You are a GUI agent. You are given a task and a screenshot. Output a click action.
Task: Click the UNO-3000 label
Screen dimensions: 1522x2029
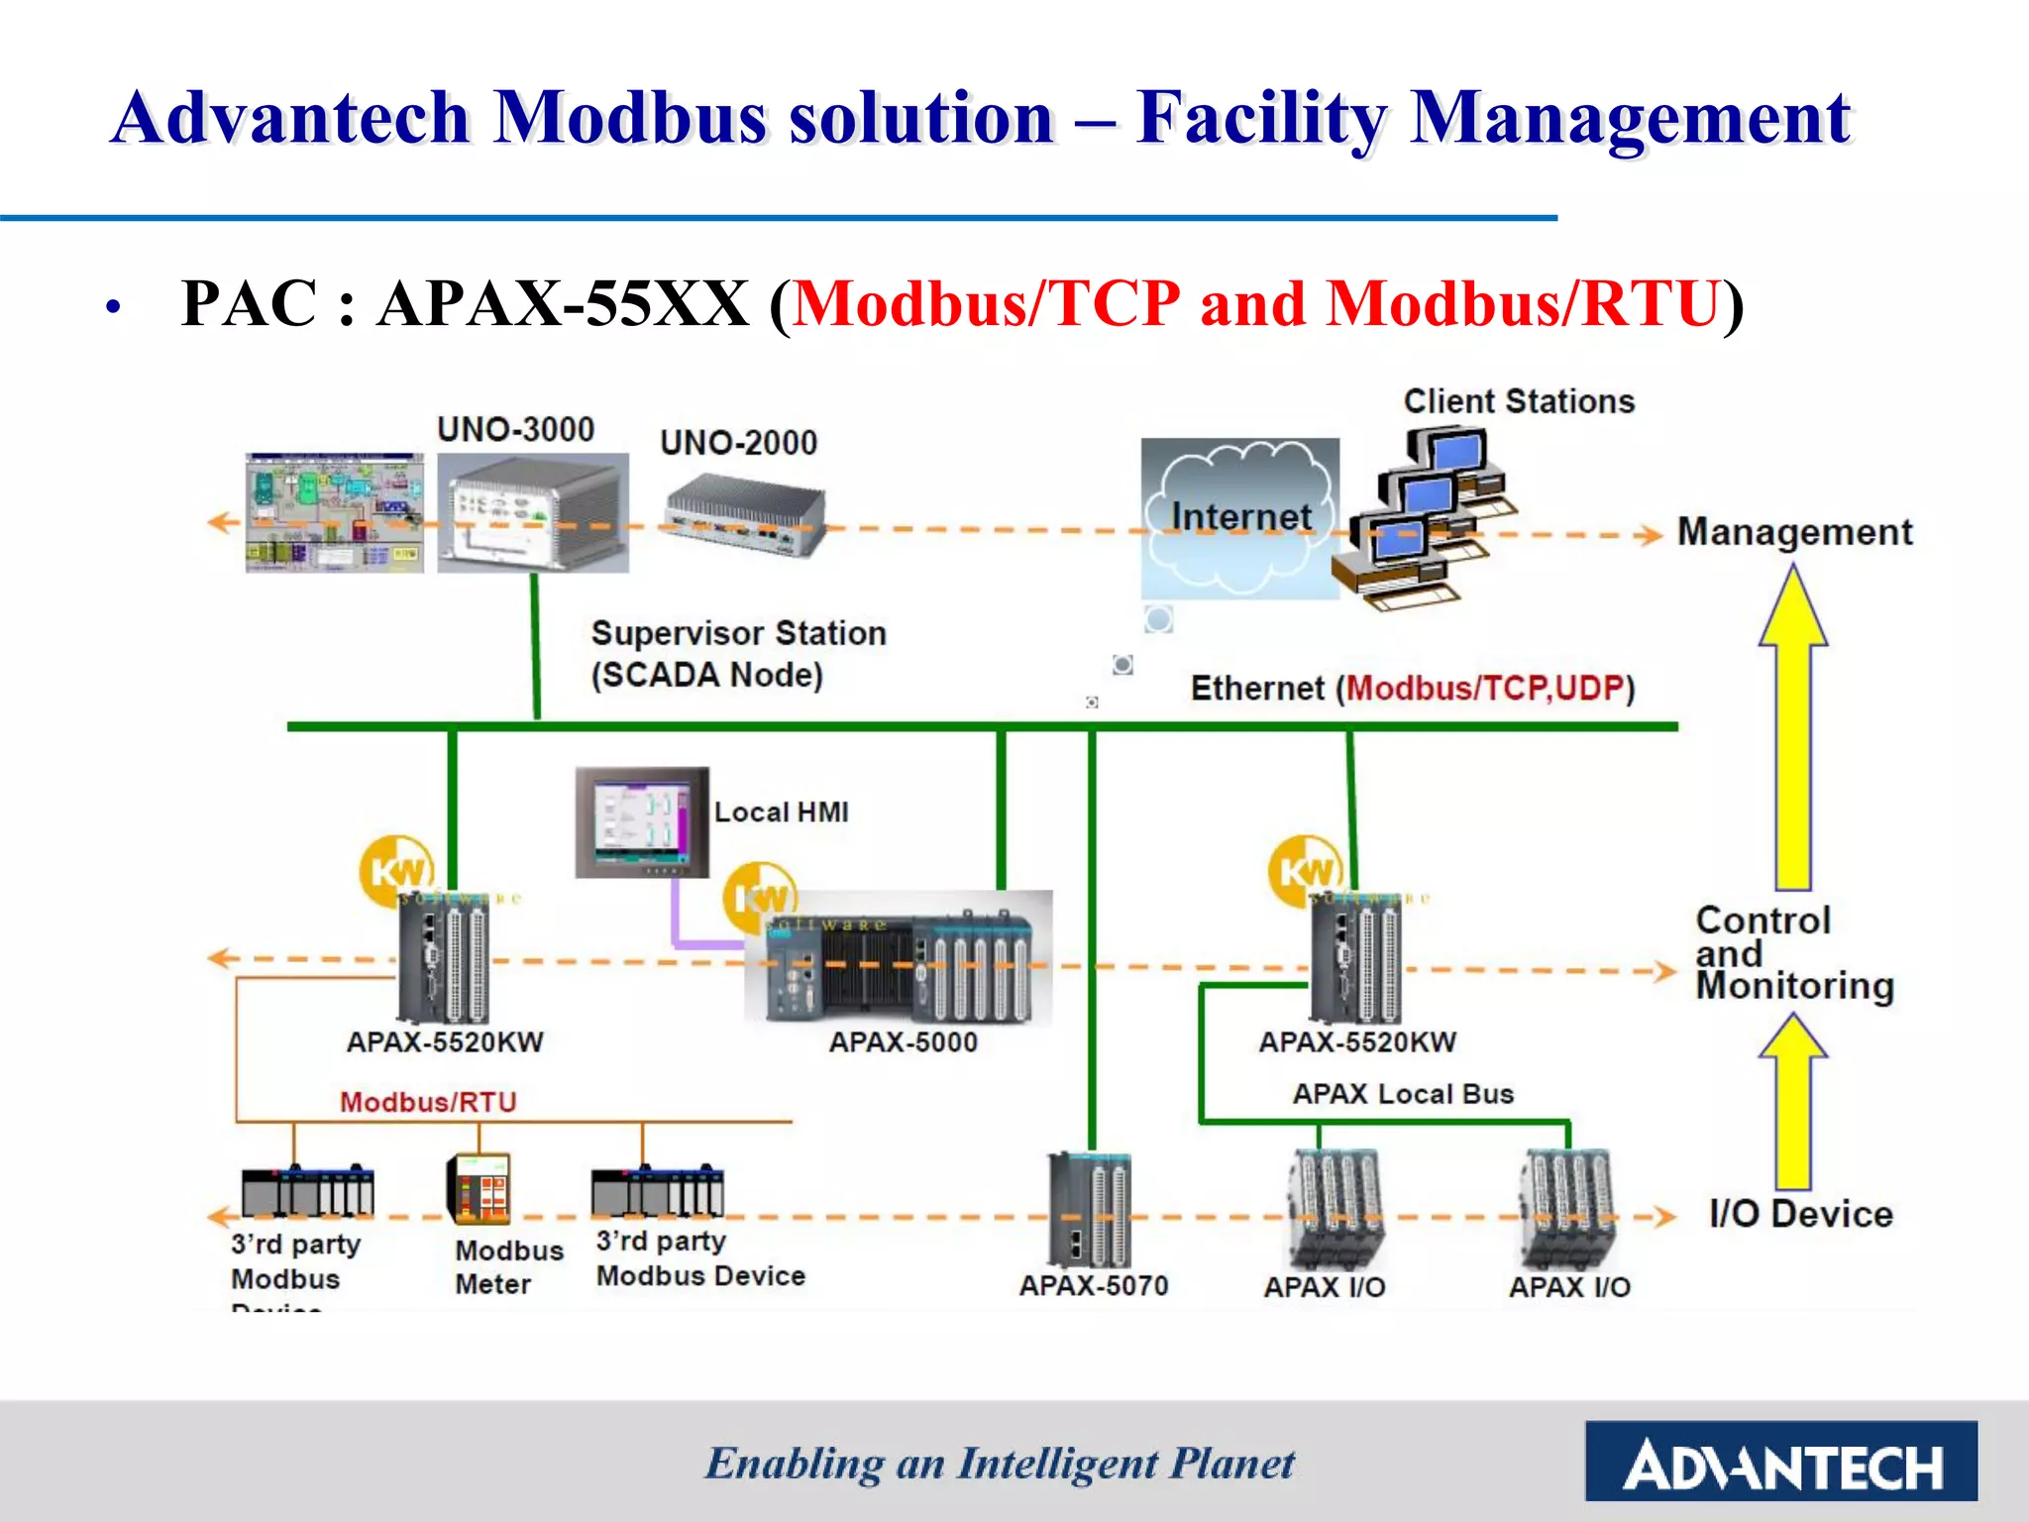coord(515,429)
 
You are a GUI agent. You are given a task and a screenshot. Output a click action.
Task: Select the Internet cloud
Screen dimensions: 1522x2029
coord(1239,517)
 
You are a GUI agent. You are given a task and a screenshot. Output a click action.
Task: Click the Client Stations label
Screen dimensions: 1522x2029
coord(1518,401)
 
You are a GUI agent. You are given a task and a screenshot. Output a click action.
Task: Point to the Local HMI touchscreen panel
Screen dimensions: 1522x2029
coord(642,821)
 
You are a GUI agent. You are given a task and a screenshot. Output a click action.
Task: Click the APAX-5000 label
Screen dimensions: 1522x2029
coord(903,1042)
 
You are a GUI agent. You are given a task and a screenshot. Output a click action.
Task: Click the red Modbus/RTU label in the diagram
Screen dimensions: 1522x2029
coord(428,1102)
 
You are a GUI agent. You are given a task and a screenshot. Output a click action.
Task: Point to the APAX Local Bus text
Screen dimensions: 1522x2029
coord(1403,1094)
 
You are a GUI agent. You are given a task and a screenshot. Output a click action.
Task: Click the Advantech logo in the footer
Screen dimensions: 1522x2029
coord(1780,1462)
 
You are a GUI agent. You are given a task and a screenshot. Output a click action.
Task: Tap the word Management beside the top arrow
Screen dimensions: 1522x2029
coord(1794,532)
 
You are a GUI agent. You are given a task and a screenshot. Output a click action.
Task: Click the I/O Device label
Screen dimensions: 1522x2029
coord(1800,1214)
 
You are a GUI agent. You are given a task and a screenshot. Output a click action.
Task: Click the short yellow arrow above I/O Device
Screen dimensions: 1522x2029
coord(1792,1100)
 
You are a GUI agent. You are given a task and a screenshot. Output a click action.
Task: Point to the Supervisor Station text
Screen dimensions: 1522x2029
coord(738,633)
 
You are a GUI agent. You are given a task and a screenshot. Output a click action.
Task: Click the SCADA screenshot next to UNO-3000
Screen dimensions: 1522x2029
coord(334,512)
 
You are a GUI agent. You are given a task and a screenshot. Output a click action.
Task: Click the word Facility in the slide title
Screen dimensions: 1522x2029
coord(1260,118)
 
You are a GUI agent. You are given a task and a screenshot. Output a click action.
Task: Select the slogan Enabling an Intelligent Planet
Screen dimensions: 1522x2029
coord(1000,1464)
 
